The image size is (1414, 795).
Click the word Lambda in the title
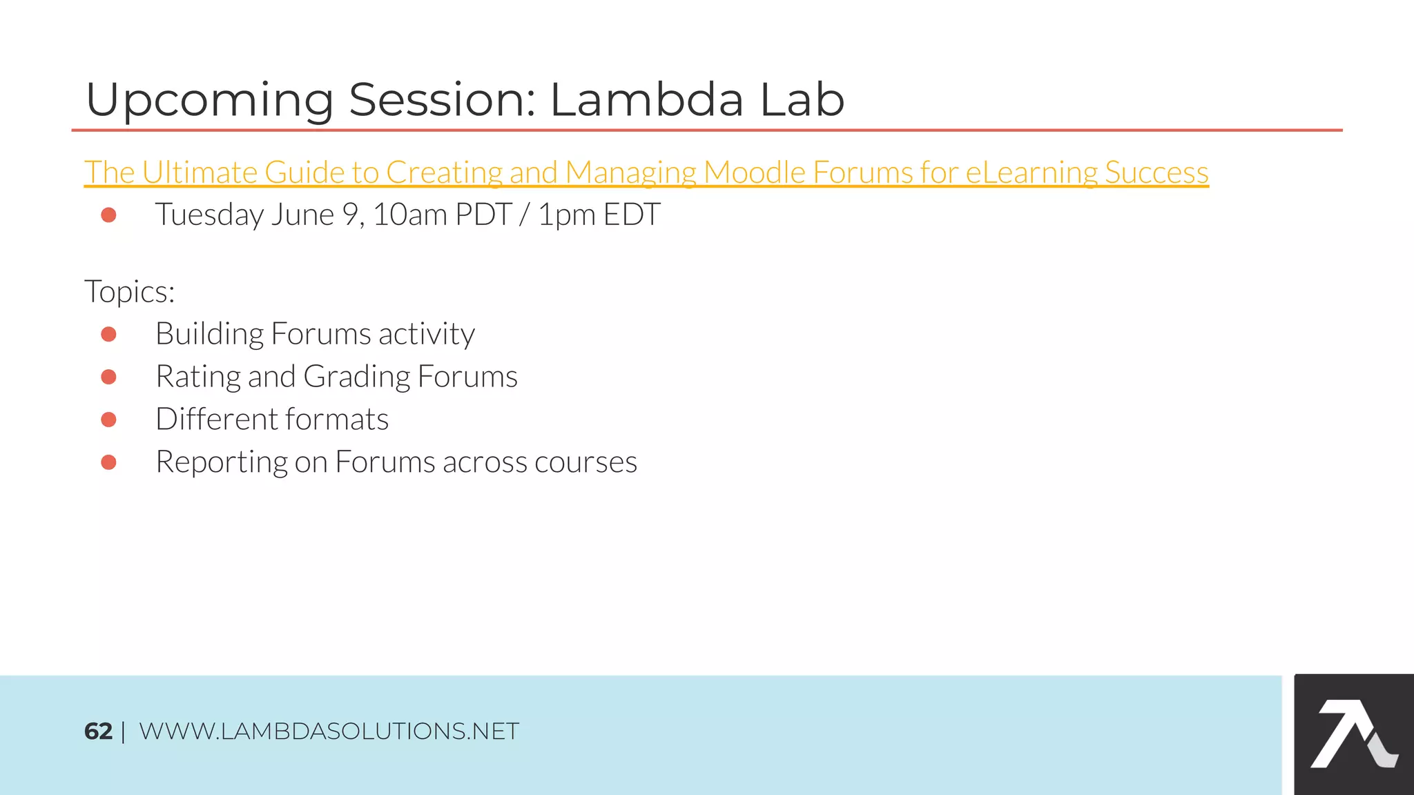coord(646,100)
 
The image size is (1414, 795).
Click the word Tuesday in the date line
coord(209,215)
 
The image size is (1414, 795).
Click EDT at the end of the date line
coord(632,215)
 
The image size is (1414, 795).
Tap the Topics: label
coord(129,291)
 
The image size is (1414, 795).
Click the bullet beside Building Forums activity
coord(108,334)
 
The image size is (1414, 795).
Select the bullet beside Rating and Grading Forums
coord(108,377)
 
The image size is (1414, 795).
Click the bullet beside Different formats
coord(108,420)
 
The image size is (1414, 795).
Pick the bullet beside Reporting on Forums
coord(108,462)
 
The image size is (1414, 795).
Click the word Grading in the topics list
coord(356,377)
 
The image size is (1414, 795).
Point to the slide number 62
coord(98,732)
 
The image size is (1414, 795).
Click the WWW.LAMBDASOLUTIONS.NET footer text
coord(329,732)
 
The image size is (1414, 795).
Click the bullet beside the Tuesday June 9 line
coord(108,215)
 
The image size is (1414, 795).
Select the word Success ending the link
coord(1156,173)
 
